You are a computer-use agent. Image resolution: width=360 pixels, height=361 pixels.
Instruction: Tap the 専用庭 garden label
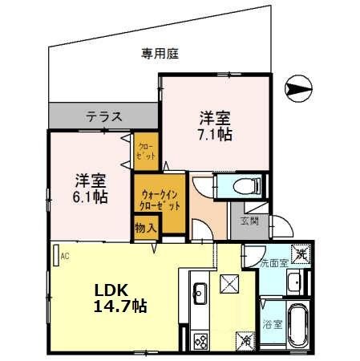click(x=160, y=54)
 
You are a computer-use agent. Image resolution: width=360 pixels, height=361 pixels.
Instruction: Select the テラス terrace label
click(x=104, y=117)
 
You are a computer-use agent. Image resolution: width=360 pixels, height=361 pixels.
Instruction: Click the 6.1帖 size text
click(x=91, y=196)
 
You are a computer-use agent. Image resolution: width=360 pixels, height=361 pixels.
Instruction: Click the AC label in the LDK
click(x=65, y=256)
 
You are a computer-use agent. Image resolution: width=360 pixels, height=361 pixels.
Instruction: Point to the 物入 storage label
click(x=146, y=228)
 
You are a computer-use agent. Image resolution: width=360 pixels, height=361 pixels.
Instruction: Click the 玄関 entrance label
click(x=249, y=221)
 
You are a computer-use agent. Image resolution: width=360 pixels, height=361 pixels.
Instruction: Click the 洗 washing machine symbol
click(x=300, y=254)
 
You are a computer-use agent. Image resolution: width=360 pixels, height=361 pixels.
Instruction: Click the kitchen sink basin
click(x=200, y=291)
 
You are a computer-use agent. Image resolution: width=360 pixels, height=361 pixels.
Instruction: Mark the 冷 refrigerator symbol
click(x=245, y=342)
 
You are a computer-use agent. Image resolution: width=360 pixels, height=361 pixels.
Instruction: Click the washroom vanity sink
click(x=293, y=282)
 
